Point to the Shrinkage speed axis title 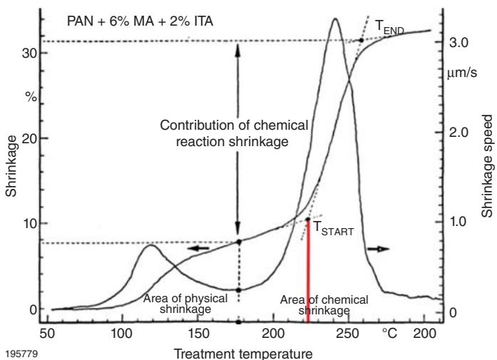(x=487, y=165)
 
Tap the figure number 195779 (x=17, y=351)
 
